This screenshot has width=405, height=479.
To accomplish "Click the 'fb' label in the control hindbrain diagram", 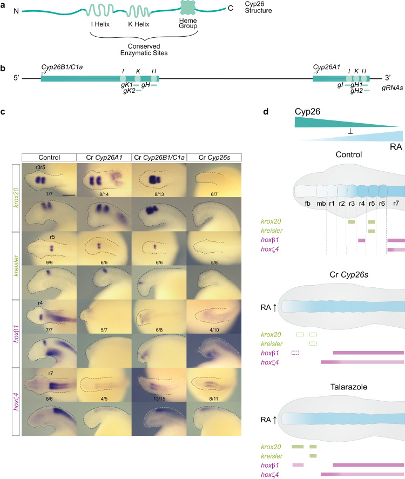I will coord(307,205).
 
